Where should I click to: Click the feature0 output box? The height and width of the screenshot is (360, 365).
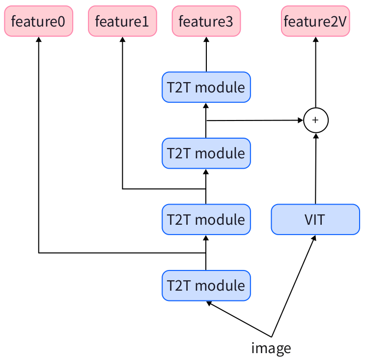(39, 21)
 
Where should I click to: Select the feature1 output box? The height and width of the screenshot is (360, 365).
(122, 21)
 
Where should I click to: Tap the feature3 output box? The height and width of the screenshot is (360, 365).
(206, 21)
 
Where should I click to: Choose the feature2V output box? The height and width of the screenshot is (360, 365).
(315, 21)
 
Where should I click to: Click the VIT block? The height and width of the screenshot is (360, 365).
(315, 219)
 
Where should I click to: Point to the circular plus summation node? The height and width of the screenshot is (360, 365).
(315, 120)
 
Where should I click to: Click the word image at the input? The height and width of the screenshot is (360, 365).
(271, 348)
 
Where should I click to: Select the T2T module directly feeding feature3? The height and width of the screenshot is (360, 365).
(206, 88)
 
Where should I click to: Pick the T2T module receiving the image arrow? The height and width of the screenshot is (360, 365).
(206, 285)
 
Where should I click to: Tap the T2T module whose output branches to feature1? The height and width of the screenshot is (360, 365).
(206, 219)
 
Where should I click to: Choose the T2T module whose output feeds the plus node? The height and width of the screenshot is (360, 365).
(206, 153)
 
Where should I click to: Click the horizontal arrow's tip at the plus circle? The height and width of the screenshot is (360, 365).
(301, 120)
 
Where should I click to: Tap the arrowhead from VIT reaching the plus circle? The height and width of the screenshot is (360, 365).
(315, 135)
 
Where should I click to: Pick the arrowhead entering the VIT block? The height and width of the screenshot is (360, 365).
(314, 237)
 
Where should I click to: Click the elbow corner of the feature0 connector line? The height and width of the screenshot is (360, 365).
(39, 253)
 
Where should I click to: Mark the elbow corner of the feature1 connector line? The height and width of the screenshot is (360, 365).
(122, 188)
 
